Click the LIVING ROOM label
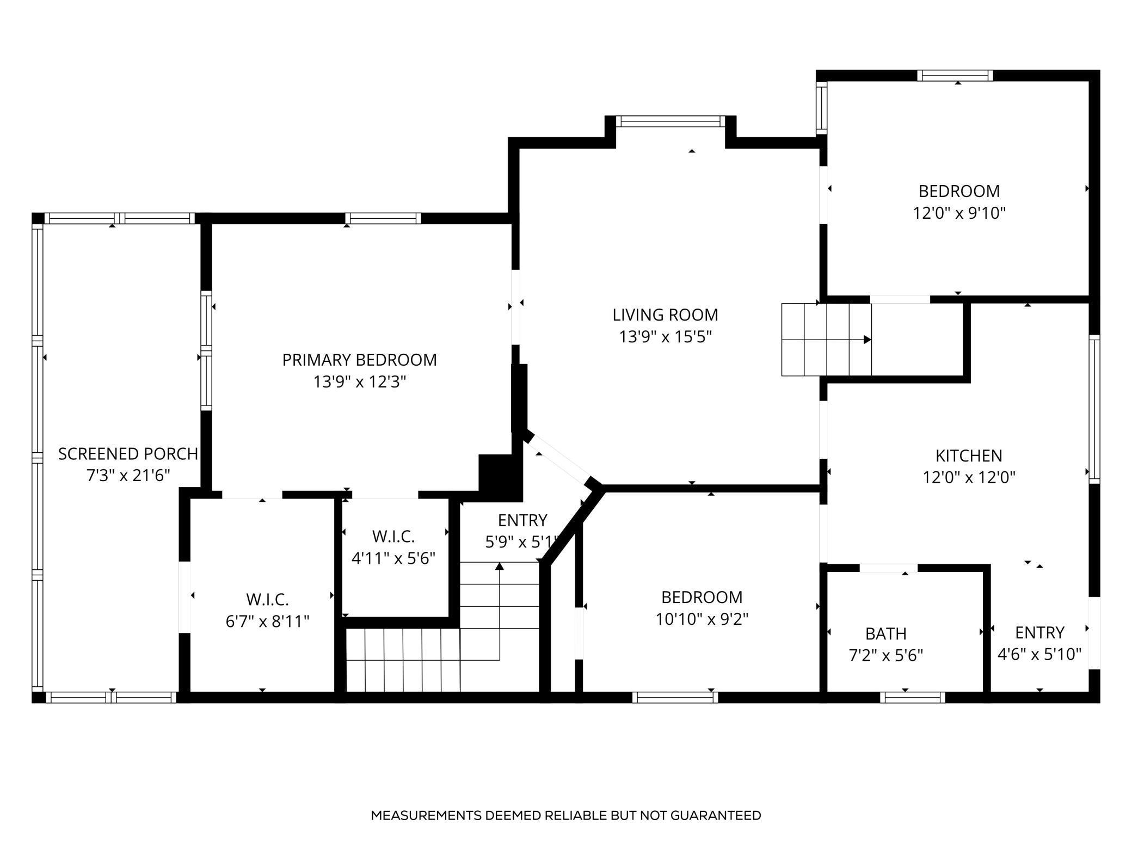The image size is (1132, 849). (x=665, y=315)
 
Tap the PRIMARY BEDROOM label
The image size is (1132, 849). (x=359, y=360)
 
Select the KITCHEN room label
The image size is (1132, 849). (x=968, y=456)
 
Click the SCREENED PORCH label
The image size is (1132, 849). (x=128, y=454)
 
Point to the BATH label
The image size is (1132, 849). (x=885, y=633)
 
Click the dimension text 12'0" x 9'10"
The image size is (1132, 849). (x=959, y=213)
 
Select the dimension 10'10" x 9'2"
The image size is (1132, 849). (x=702, y=619)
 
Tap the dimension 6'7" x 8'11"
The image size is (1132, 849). (x=267, y=621)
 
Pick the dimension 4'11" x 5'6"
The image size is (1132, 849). (x=393, y=558)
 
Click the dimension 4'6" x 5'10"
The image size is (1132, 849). (x=1039, y=654)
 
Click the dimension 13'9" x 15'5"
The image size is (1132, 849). (x=665, y=337)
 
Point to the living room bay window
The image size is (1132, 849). (x=670, y=121)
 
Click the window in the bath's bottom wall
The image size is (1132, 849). (x=912, y=697)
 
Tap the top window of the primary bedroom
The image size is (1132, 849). (x=383, y=218)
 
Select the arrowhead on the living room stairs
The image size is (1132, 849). (x=867, y=340)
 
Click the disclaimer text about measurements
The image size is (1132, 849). (x=565, y=815)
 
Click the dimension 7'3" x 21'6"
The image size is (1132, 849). (x=128, y=476)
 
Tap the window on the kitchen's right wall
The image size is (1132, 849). (x=1094, y=409)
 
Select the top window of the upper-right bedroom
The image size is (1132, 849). (x=955, y=76)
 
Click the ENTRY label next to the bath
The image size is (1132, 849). (x=1039, y=632)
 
